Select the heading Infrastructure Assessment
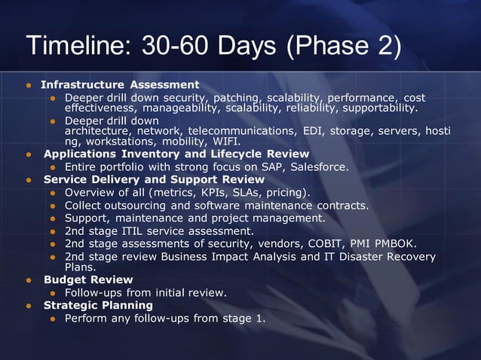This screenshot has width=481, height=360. tap(120, 84)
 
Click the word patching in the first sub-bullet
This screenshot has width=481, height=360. tap(237, 98)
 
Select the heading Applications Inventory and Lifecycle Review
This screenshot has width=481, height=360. tap(176, 154)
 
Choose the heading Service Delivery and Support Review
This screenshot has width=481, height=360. tap(154, 179)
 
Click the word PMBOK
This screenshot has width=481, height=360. tap(399, 243)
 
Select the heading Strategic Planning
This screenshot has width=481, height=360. tap(98, 305)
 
